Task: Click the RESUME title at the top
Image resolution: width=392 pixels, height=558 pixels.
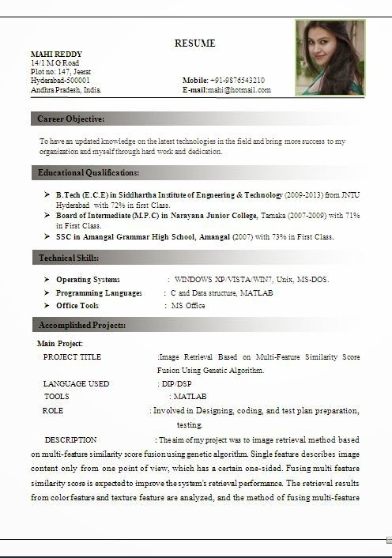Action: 194,43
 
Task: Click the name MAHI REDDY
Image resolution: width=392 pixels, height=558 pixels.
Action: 56,54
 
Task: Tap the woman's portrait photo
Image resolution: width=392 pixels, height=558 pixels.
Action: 330,58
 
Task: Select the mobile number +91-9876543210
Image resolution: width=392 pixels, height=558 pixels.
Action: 237,81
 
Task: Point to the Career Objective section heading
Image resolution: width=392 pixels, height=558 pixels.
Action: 71,119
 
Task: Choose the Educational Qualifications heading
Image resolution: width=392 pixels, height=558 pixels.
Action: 89,172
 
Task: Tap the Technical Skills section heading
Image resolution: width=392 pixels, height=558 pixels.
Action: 69,258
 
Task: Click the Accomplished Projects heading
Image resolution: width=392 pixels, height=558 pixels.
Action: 82,325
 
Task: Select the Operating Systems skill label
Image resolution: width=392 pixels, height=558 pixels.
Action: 88,280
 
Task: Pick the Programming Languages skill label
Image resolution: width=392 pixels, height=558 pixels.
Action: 99,293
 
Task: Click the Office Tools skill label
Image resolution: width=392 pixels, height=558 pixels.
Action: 77,306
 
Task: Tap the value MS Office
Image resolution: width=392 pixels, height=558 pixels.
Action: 188,306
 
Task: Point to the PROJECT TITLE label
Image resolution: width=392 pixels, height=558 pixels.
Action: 72,357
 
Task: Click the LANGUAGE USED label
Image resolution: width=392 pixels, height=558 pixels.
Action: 76,383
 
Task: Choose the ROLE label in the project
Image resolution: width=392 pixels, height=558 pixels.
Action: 53,411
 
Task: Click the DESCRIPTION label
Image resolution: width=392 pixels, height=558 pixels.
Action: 70,439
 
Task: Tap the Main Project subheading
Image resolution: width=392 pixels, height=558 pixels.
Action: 60,344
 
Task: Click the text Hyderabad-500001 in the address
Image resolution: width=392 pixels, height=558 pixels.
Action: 60,81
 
